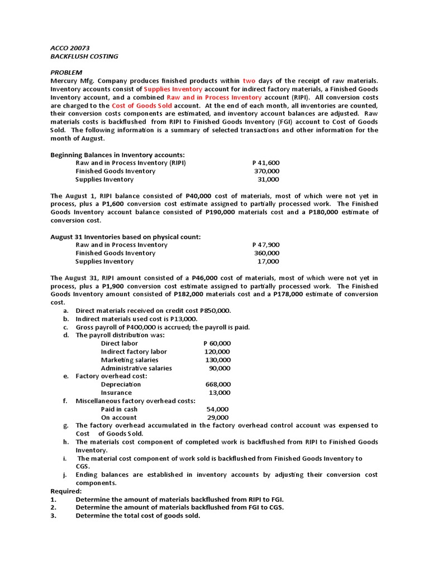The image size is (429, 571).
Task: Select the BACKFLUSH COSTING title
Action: click(84, 56)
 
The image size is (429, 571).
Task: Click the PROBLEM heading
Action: click(66, 72)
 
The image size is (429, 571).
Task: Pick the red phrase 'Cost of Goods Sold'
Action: click(142, 105)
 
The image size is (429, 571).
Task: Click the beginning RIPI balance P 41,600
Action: click(266, 163)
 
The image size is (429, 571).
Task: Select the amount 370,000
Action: click(267, 171)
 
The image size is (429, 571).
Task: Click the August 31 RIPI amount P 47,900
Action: click(266, 245)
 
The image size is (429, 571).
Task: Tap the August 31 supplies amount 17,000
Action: click(268, 261)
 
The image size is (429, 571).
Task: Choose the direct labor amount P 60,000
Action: click(217, 343)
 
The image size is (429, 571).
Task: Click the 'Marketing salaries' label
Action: click(130, 360)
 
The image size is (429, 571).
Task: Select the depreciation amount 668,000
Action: click(218, 384)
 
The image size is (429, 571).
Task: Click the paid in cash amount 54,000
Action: click(218, 409)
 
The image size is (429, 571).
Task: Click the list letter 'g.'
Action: click(66, 425)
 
